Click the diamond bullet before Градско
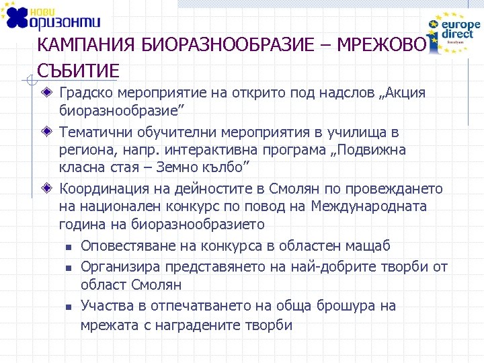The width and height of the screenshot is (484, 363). pyautogui.click(x=46, y=92)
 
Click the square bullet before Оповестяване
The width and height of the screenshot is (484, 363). pyautogui.click(x=69, y=247)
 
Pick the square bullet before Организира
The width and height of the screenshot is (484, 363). pyautogui.click(x=69, y=268)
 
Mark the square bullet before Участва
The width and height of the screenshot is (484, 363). pyautogui.click(x=69, y=307)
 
